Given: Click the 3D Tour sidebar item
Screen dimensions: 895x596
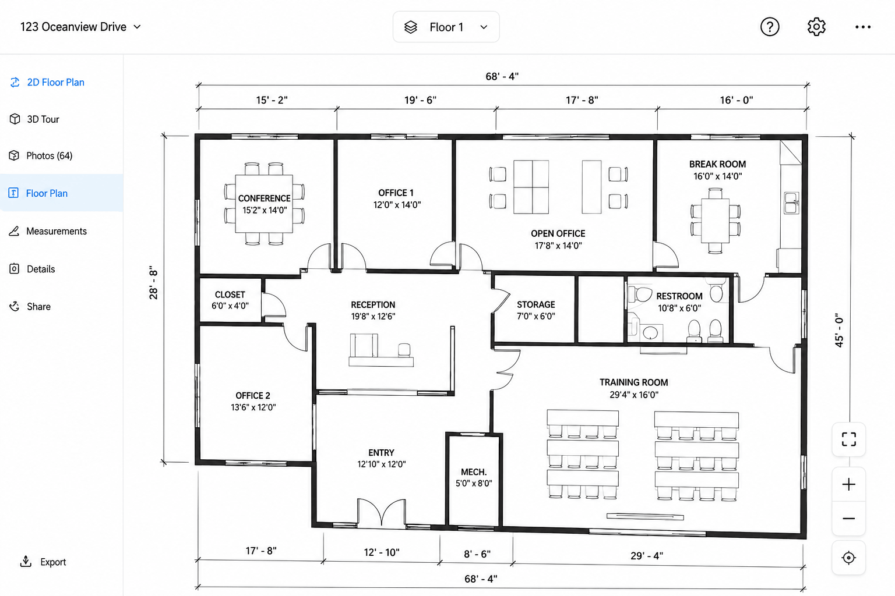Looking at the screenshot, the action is (34, 119).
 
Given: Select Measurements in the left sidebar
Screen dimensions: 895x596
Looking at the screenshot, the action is (48, 231).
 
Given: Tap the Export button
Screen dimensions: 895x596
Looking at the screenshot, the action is (43, 562).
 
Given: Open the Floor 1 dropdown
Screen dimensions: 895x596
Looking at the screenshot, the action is (446, 27).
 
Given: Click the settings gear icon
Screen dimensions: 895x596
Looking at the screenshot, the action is (816, 27).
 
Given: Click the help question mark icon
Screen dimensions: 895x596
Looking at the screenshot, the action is (770, 27).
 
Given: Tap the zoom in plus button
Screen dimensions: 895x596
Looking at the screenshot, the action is (848, 485).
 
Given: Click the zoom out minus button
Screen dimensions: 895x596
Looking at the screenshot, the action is (848, 519).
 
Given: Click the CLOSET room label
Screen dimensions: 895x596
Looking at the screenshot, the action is (230, 295).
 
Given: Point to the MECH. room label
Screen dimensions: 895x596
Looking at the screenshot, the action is (474, 472).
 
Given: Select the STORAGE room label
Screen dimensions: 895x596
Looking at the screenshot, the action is (536, 304).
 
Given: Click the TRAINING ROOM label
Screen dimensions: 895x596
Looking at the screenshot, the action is (634, 382).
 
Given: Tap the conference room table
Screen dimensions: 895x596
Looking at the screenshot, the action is (264, 204).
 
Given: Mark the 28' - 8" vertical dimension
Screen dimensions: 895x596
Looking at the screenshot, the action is (153, 283).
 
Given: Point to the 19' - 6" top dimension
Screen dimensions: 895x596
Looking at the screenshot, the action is (420, 100).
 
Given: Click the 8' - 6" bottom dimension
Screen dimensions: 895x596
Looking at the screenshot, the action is (477, 554).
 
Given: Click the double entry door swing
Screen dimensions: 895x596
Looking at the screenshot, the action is (382, 512).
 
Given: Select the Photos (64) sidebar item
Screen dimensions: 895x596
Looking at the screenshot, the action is (41, 155).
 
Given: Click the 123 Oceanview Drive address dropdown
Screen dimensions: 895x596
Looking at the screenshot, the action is (80, 27).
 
